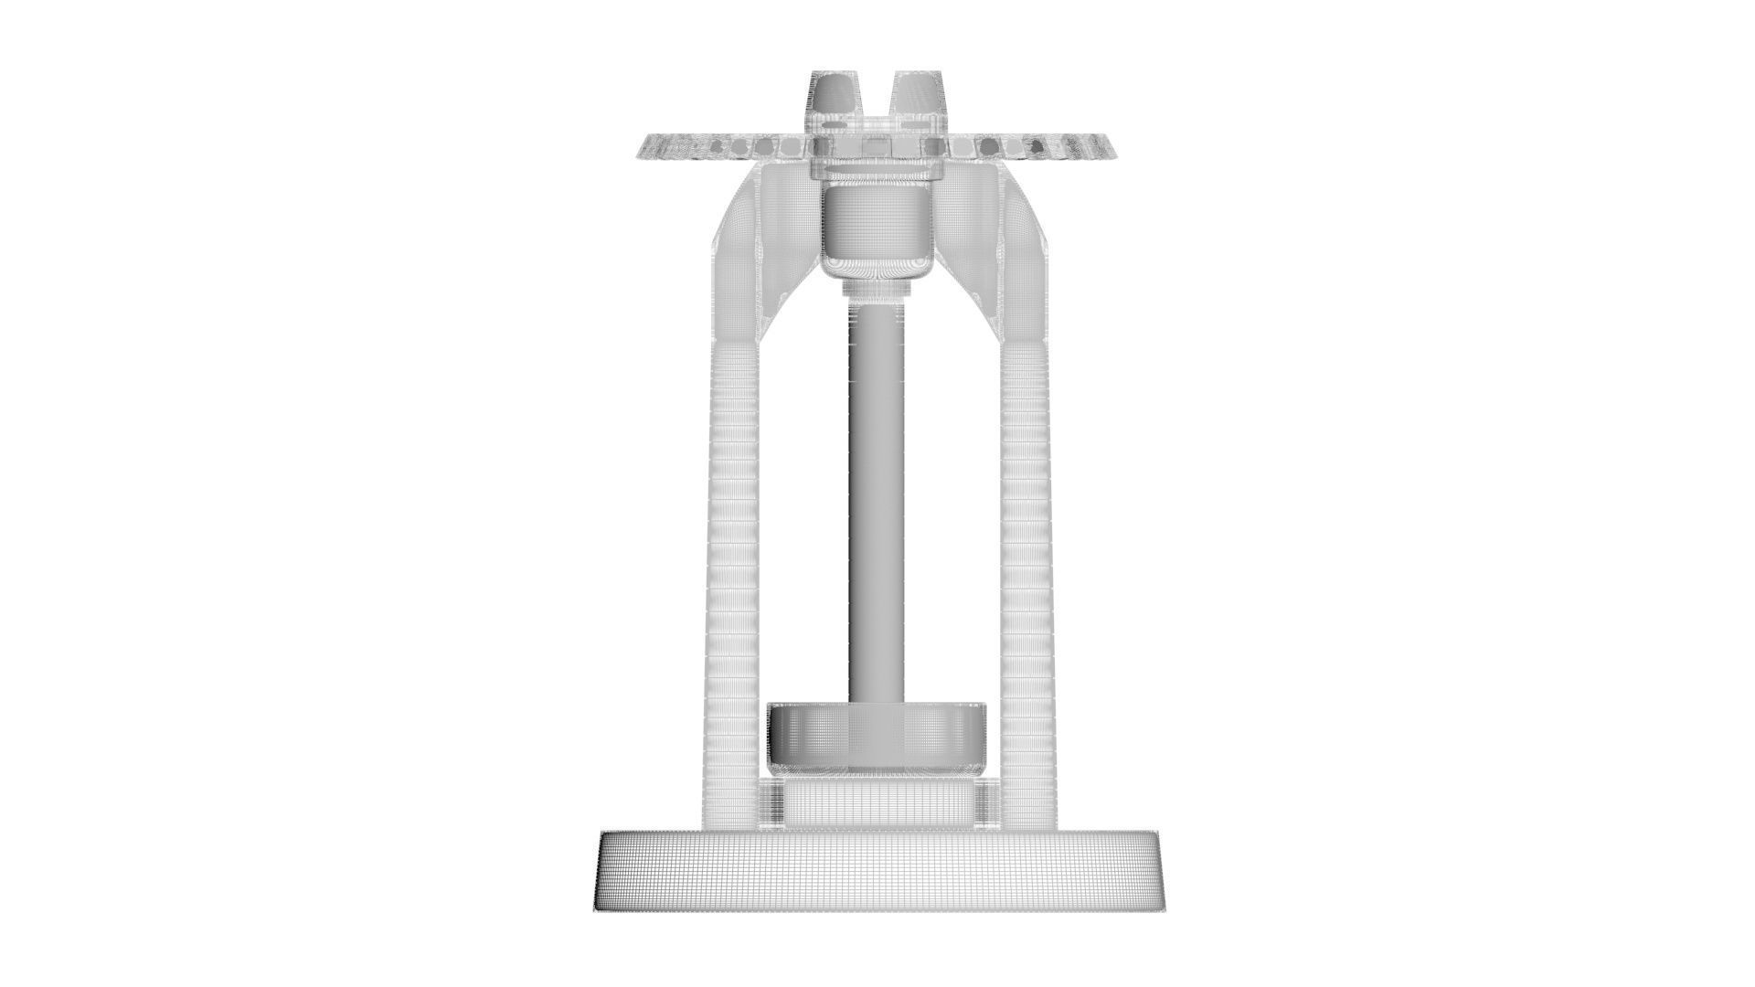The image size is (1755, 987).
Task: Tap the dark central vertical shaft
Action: [x=877, y=503]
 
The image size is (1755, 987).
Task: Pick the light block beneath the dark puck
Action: [x=877, y=804]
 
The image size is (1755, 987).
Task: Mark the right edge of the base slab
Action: [x=1158, y=873]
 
